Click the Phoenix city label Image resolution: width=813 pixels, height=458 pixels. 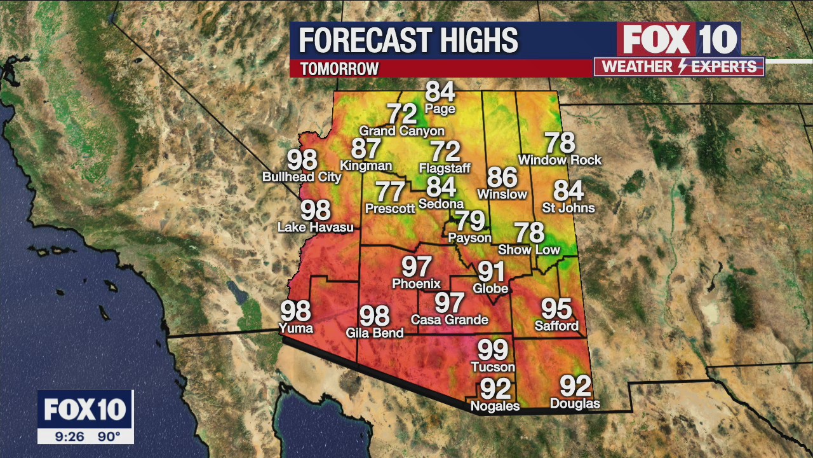[416, 284]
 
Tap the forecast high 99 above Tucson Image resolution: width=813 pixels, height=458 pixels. [493, 350]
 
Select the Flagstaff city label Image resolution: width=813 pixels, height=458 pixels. [445, 169]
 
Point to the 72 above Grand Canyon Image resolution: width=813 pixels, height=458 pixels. [402, 114]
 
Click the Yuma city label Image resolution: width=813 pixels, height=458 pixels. [296, 328]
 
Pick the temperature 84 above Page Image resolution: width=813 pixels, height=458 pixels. [440, 92]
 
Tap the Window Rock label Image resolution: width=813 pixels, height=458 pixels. [560, 160]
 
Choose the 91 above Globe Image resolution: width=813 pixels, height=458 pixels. [491, 272]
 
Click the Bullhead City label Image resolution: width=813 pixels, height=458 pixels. [302, 177]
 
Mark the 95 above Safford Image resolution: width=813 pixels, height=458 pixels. [556, 309]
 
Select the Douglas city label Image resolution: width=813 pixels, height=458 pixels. [575, 403]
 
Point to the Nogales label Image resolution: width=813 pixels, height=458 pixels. [495, 406]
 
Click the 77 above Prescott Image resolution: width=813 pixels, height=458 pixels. [390, 191]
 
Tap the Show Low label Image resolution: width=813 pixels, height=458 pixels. [529, 250]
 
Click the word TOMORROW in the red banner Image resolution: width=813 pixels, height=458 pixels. [339, 69]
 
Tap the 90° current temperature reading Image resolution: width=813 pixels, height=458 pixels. [109, 437]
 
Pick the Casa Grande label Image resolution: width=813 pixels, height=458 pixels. [450, 319]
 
